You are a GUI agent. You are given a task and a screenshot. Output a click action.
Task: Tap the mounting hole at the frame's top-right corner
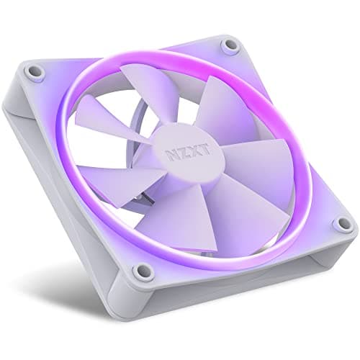click(231, 45)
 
